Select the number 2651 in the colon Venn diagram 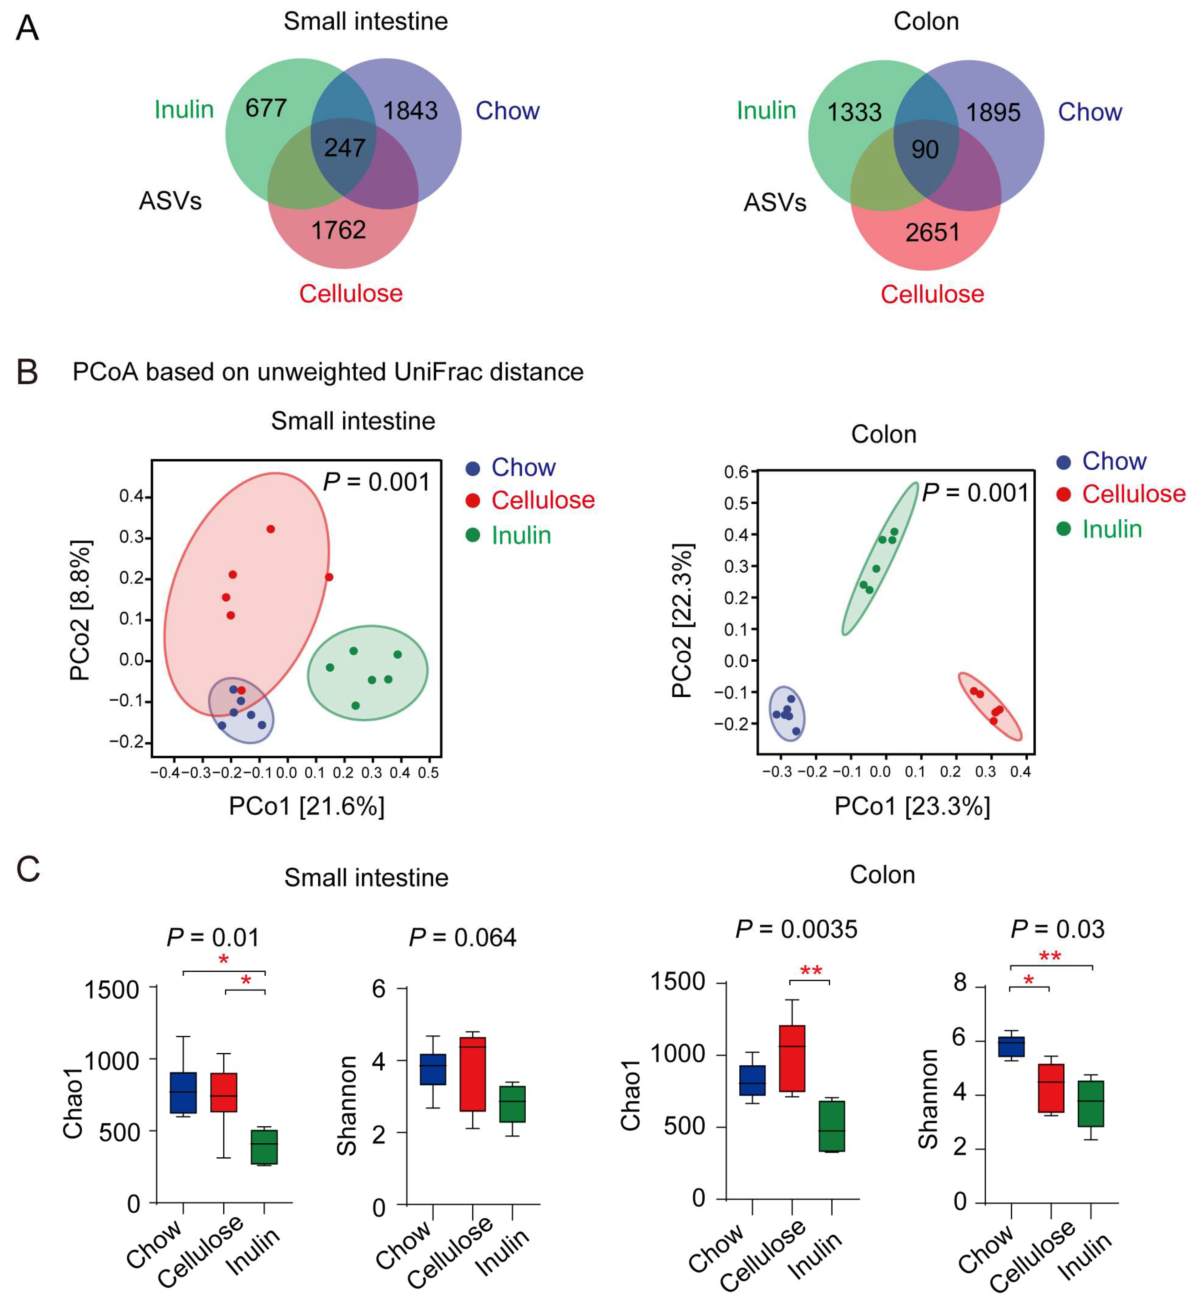[x=932, y=232]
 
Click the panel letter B [x=27, y=373]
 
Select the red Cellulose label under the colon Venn [x=932, y=294]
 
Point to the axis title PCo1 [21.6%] [x=307, y=806]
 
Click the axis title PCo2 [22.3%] [x=682, y=621]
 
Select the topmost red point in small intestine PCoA [x=271, y=529]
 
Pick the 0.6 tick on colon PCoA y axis [x=736, y=472]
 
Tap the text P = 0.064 [x=462, y=938]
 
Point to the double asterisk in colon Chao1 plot [x=811, y=971]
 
